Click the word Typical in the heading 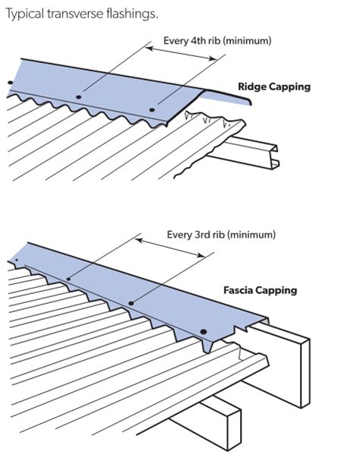tap(25, 14)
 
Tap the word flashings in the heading tap(132, 14)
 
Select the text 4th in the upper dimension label tap(198, 40)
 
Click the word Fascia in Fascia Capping tap(237, 290)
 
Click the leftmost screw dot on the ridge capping tap(11, 83)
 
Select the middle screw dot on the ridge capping tap(78, 97)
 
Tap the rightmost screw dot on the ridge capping tap(152, 110)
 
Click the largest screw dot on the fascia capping tap(204, 332)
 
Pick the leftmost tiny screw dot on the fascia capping tap(17, 260)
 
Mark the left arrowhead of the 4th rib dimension tap(150, 48)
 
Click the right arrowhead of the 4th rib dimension tap(213, 58)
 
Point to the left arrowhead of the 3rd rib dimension tap(139, 241)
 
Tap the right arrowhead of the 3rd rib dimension tap(201, 255)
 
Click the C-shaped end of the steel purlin tap(274, 156)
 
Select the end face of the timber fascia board tap(305, 374)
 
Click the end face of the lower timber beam tap(234, 429)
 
